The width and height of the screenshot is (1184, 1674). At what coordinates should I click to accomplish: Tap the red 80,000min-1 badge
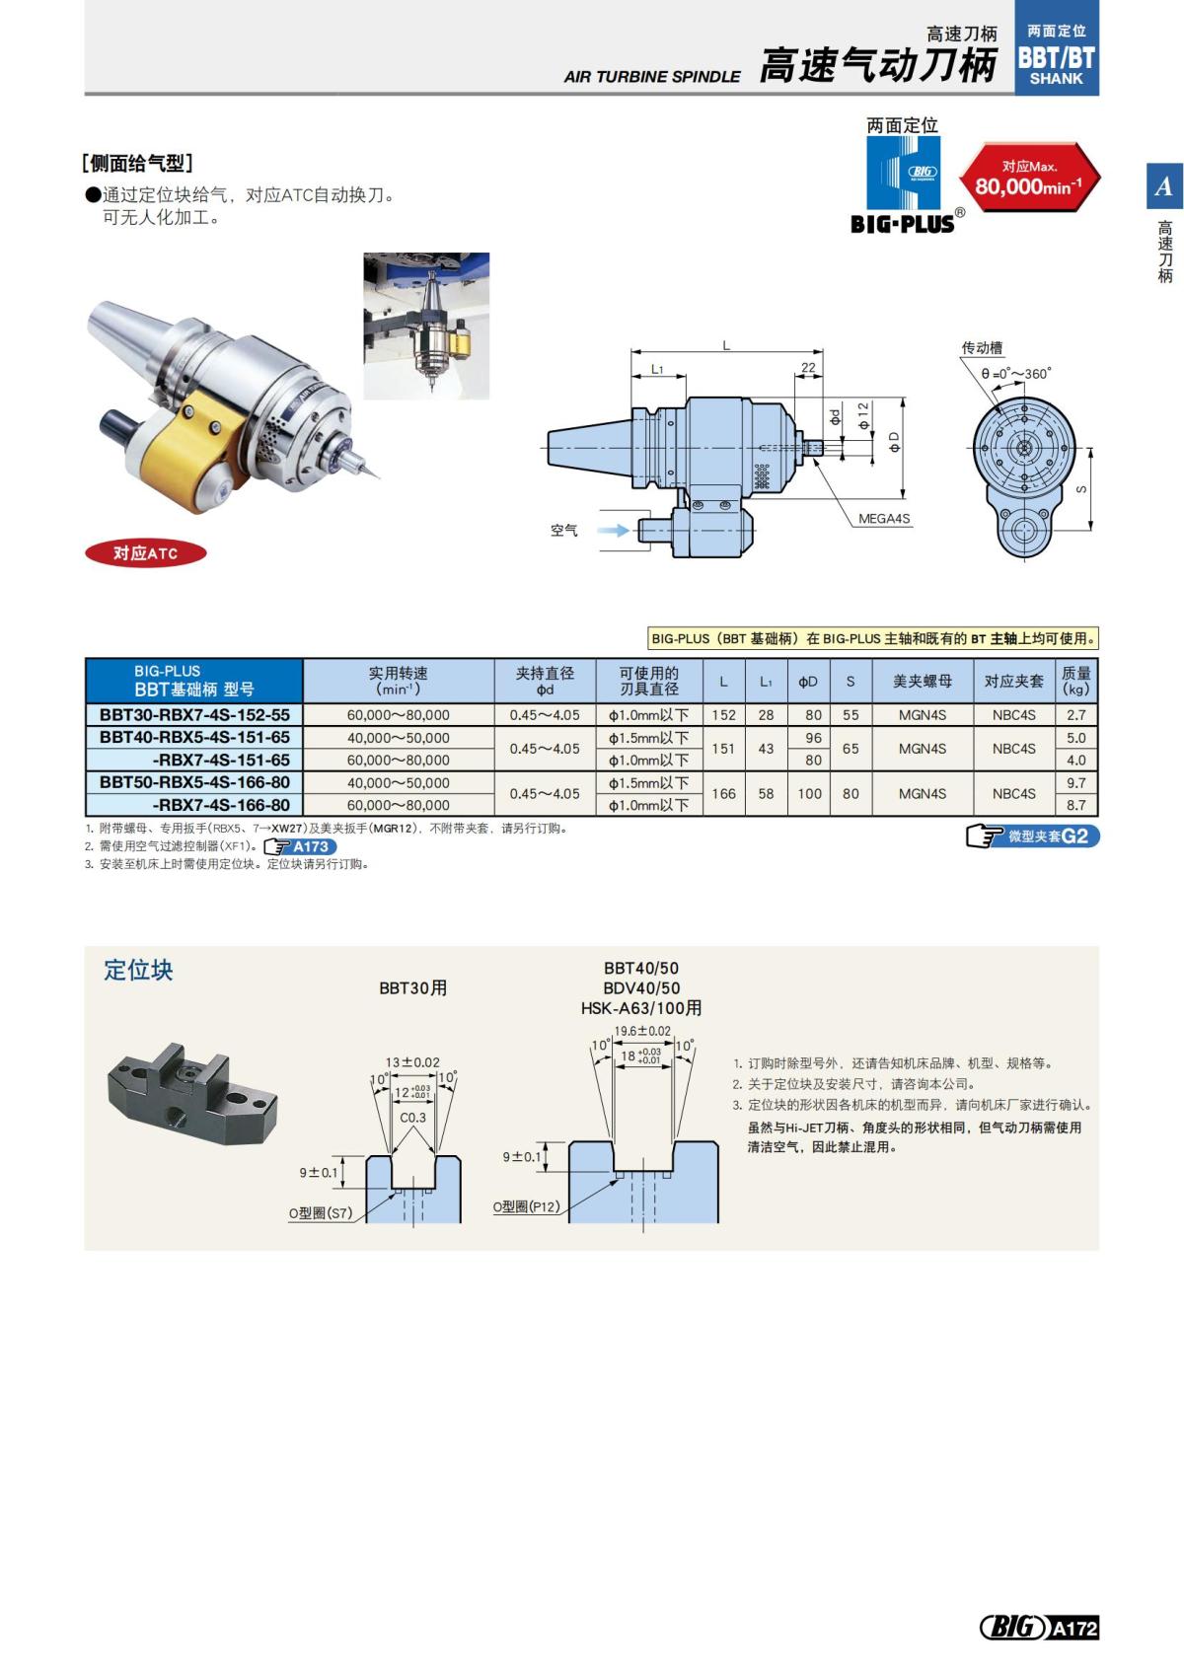[1029, 179]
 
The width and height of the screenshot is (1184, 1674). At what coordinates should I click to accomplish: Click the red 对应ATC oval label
[145, 553]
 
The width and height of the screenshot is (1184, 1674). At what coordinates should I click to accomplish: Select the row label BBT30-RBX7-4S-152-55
[194, 715]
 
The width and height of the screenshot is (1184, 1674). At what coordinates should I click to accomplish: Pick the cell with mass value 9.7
[1075, 783]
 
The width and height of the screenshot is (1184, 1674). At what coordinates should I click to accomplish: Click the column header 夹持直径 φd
[545, 681]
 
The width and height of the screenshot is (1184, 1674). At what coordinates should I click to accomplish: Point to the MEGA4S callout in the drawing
[883, 519]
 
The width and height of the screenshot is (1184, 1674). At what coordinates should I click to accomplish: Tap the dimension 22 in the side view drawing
[808, 368]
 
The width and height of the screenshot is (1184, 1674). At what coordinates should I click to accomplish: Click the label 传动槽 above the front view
[982, 347]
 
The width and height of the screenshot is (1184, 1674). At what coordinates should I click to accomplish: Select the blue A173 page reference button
[301, 846]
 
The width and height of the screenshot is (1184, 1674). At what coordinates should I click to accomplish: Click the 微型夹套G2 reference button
[1032, 837]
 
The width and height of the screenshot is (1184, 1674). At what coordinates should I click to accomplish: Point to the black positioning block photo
[191, 1087]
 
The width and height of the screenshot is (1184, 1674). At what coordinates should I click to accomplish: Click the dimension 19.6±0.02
[642, 1031]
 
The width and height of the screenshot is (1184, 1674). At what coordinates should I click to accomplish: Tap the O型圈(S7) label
[320, 1213]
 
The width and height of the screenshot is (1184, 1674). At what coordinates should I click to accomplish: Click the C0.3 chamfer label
[412, 1118]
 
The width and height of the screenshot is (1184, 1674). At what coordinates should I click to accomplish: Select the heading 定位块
[138, 970]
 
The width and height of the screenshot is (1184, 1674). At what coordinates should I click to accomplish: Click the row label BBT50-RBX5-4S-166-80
[194, 783]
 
